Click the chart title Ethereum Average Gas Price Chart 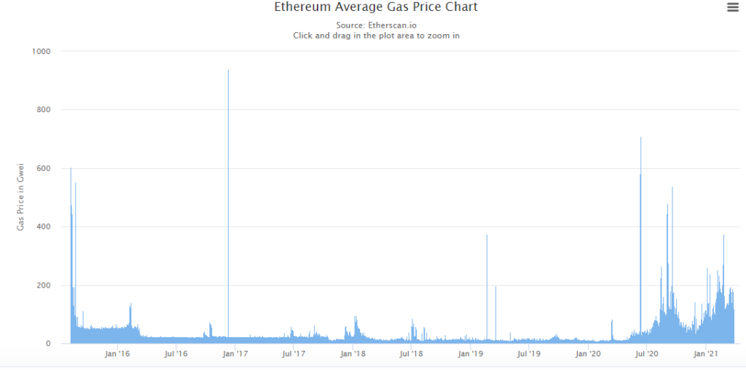376,7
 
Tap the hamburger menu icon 733,7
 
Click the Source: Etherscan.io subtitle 376,25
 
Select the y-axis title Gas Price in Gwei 21,197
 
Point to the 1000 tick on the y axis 42,52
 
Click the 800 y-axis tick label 44,110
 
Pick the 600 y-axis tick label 44,168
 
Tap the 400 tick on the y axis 44,227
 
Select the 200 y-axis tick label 44,286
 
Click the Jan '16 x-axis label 117,354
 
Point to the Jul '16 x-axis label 176,354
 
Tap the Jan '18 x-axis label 353,354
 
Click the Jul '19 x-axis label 529,354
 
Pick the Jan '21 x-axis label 706,354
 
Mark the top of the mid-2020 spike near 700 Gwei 641,138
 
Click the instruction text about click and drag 376,36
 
